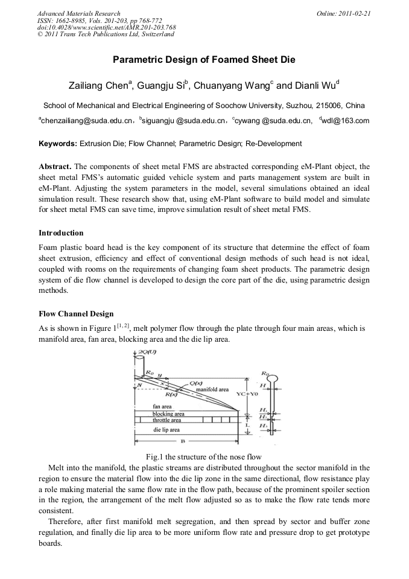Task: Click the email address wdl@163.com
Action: coord(344,121)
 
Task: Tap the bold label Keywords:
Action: coord(58,144)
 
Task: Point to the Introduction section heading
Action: coord(61,232)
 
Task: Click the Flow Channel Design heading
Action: coord(76,313)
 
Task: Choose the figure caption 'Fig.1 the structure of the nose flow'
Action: coord(204,456)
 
